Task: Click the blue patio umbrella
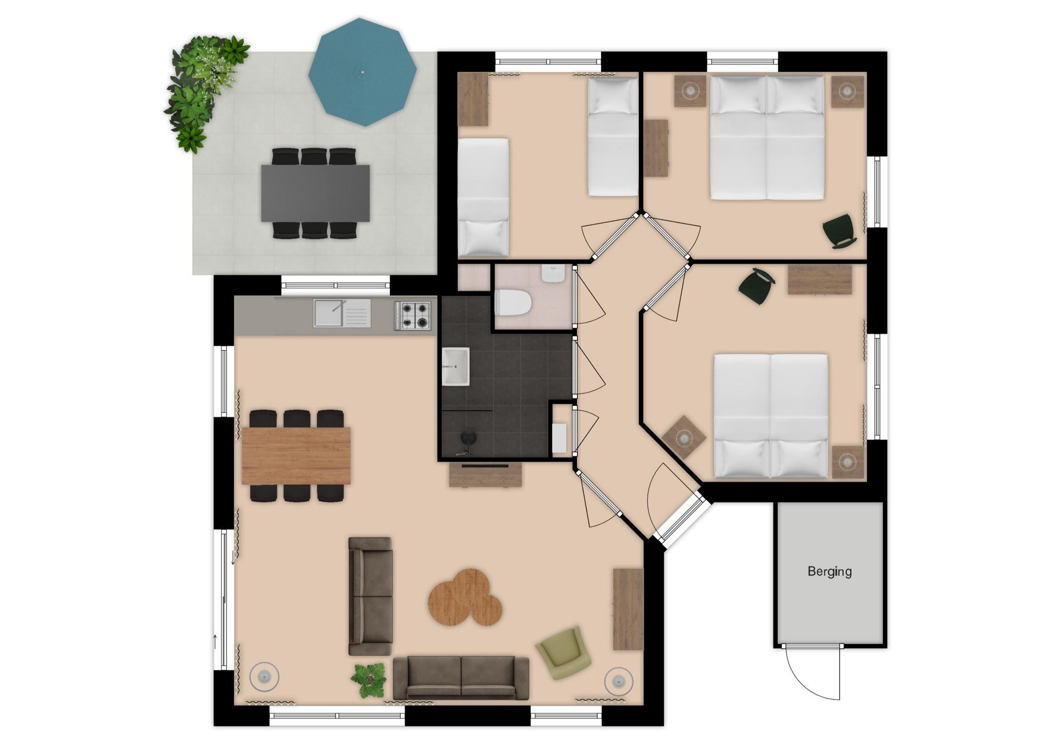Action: click(362, 72)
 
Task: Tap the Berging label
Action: click(829, 572)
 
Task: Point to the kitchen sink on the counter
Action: click(342, 313)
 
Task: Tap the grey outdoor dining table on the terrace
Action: click(315, 193)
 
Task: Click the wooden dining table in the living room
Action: click(296, 456)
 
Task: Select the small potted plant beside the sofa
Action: click(368, 680)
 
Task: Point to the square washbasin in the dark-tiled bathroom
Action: click(455, 367)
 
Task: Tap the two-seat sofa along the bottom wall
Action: click(461, 678)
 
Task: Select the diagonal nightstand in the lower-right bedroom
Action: click(684, 437)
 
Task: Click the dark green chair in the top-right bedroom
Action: click(839, 231)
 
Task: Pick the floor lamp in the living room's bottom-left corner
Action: click(264, 677)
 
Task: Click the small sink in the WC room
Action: click(553, 273)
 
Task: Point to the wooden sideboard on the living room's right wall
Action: click(628, 609)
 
